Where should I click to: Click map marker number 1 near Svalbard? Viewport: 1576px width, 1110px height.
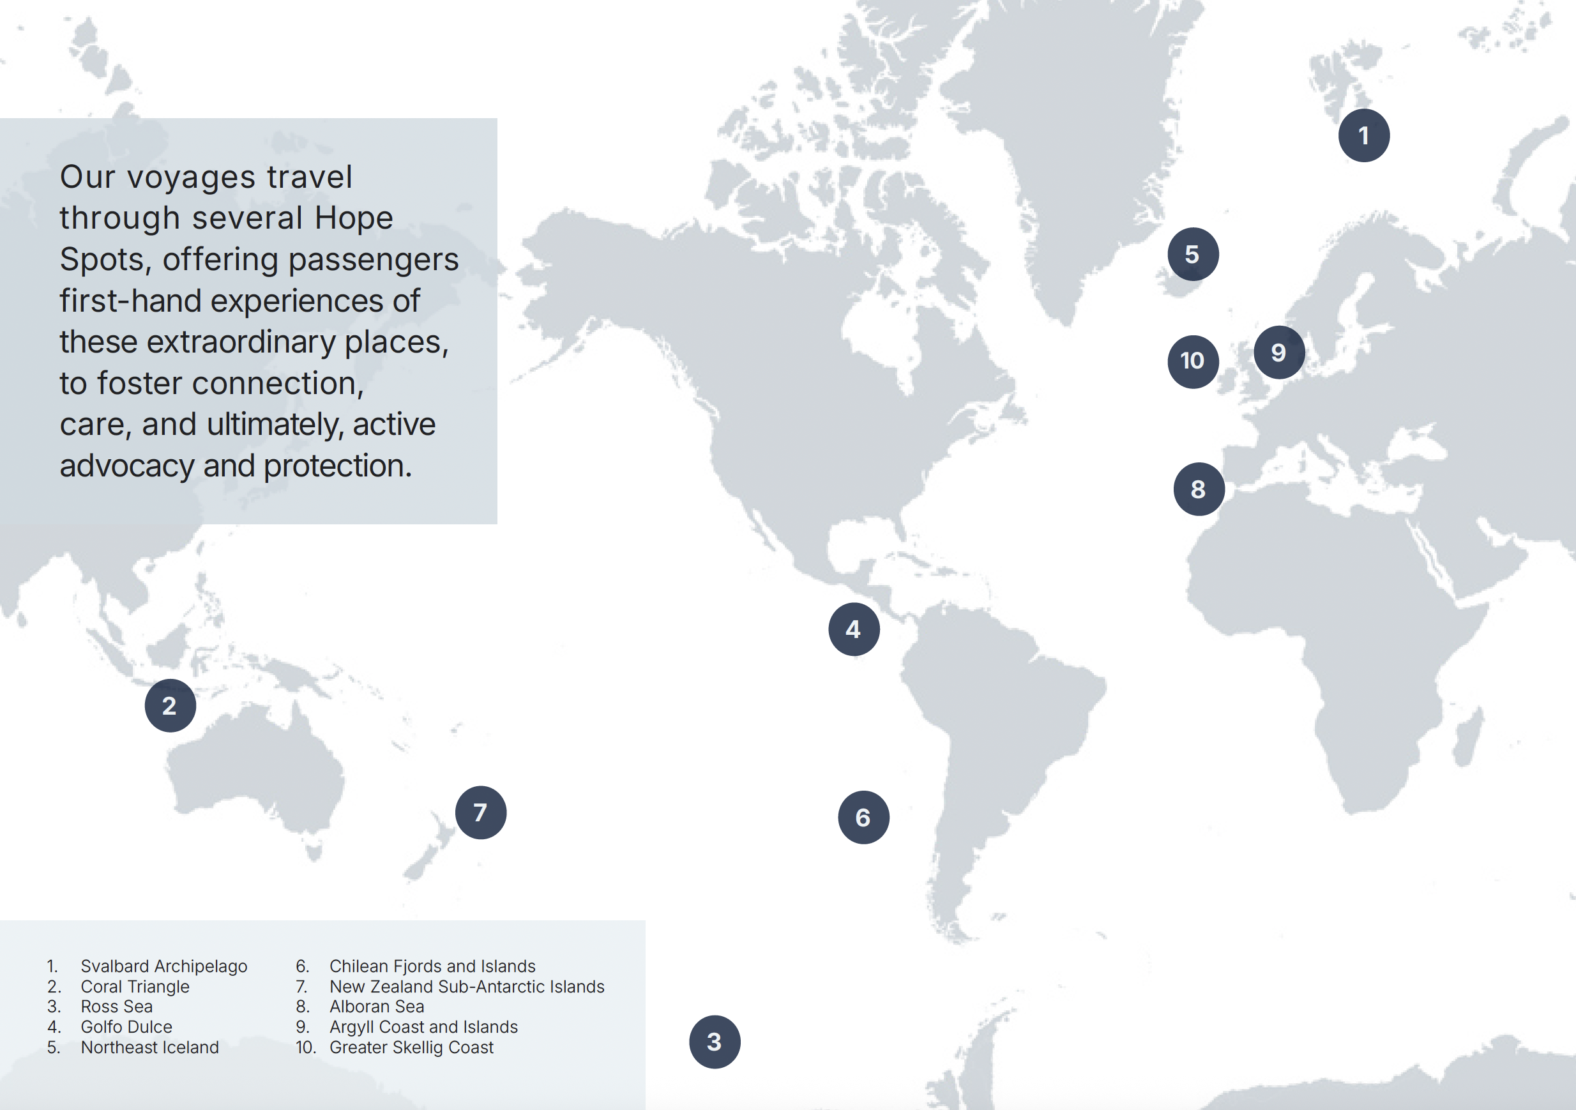point(1363,135)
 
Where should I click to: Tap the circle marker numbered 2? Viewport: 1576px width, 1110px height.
point(170,705)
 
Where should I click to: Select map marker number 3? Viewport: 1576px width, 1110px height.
point(715,1042)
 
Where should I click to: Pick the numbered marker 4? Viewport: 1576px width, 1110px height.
point(854,629)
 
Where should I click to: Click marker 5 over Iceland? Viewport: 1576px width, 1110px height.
point(1193,254)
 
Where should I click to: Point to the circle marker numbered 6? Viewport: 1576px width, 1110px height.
point(863,817)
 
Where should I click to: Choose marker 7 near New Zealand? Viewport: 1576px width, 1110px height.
point(480,812)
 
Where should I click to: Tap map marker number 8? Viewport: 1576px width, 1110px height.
point(1199,489)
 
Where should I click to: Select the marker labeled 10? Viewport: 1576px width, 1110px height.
point(1193,361)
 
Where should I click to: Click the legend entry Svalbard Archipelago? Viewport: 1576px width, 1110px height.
point(163,966)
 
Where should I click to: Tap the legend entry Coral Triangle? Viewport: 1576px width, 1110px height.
point(135,987)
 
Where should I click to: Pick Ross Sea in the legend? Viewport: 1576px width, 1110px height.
point(117,1007)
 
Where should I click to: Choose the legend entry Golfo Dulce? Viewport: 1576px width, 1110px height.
point(126,1027)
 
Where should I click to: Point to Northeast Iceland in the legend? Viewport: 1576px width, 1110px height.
point(149,1047)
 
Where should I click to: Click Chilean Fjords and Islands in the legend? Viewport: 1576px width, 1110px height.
point(432,966)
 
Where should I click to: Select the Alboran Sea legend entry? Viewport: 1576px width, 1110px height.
point(376,1007)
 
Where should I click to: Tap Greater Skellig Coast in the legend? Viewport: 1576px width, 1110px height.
point(411,1047)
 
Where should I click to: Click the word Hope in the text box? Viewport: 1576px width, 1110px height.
point(354,218)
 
